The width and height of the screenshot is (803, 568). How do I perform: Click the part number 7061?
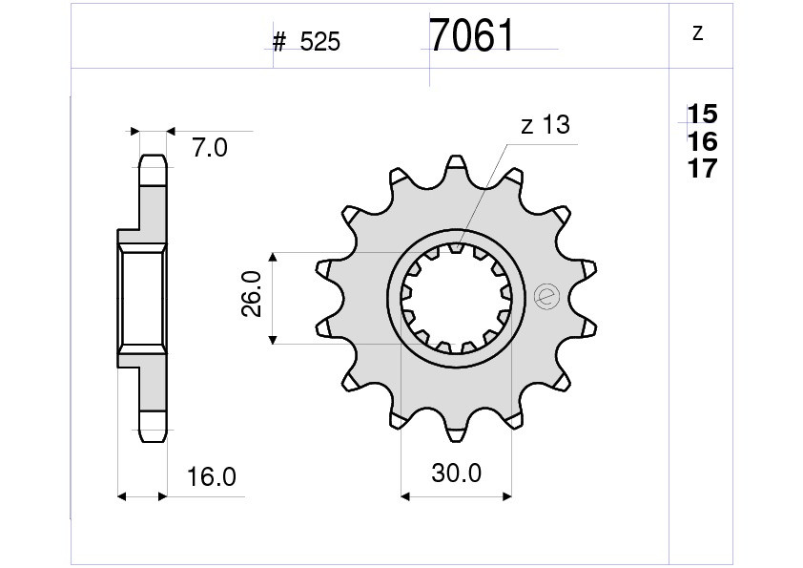click(471, 35)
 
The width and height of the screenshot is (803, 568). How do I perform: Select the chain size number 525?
click(320, 42)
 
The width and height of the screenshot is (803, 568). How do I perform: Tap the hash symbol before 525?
click(279, 42)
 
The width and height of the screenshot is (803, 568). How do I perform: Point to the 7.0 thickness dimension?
click(210, 148)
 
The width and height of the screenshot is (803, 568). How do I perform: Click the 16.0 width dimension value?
click(212, 477)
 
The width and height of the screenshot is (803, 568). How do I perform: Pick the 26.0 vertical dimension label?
click(252, 294)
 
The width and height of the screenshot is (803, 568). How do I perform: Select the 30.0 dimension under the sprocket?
click(456, 473)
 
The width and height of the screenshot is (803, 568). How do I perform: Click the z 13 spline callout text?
click(545, 124)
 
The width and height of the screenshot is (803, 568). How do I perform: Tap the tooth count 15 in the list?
click(702, 114)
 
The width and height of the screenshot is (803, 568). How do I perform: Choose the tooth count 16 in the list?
click(702, 141)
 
